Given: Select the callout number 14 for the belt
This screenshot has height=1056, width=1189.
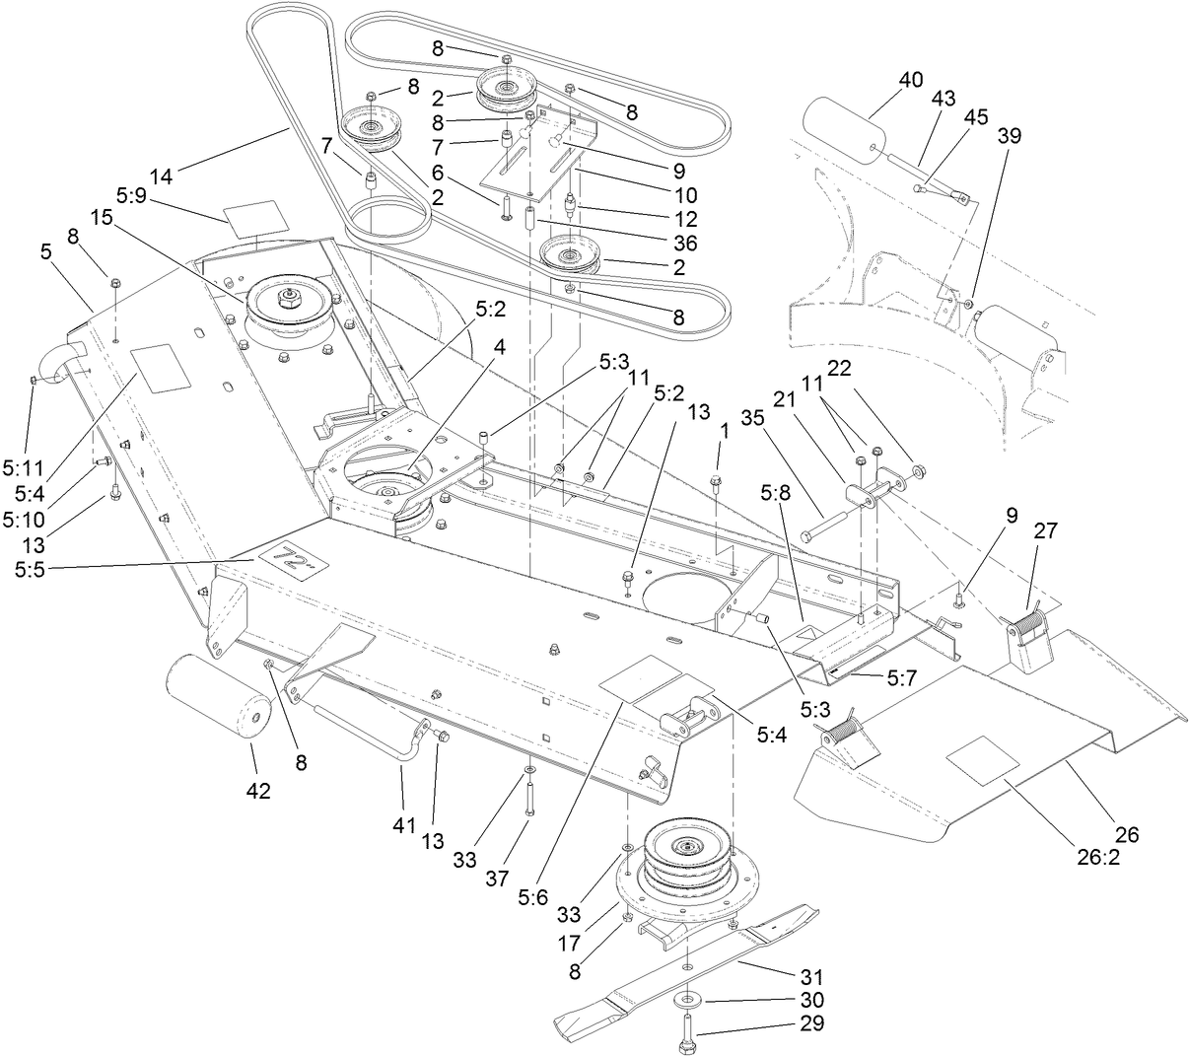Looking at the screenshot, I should (x=161, y=176).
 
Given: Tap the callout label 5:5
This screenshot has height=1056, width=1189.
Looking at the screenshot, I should (x=31, y=570).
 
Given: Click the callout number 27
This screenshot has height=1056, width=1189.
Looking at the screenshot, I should (x=1045, y=530).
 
